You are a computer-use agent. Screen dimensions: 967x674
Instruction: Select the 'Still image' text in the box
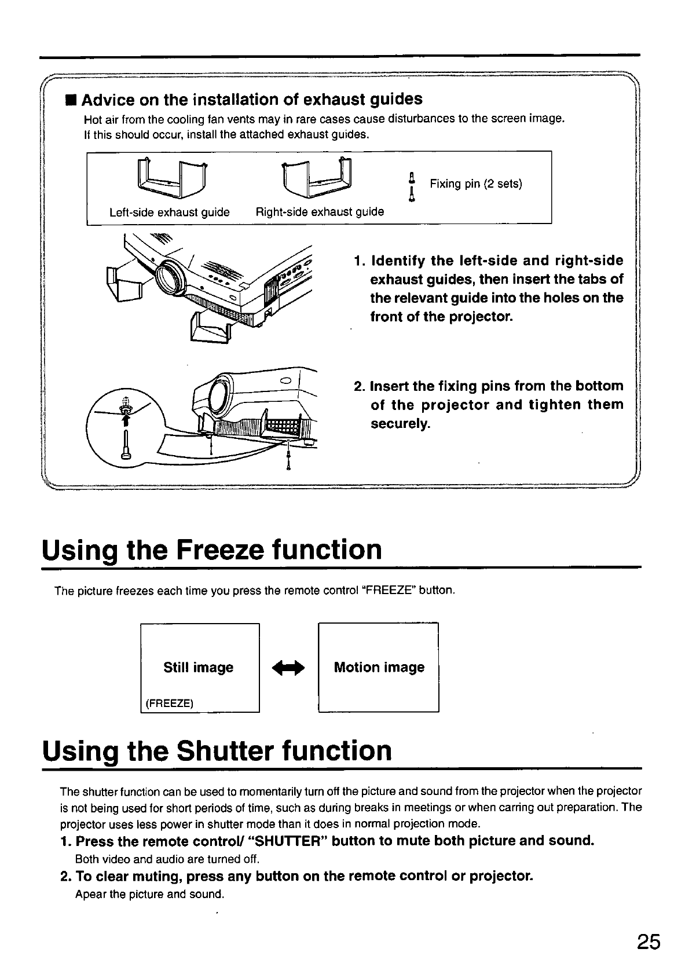199,668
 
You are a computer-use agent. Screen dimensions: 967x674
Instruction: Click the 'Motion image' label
379,668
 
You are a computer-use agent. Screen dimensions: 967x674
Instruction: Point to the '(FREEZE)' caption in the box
170,704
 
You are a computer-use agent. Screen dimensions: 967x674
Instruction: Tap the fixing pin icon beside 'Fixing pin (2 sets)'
411,186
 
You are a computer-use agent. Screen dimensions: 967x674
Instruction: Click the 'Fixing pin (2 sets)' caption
475,184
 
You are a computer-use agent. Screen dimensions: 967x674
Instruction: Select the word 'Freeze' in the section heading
222,550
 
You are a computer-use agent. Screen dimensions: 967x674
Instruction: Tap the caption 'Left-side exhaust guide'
170,213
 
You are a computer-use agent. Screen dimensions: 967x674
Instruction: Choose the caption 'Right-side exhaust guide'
320,212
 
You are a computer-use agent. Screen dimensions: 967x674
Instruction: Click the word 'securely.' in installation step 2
401,424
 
